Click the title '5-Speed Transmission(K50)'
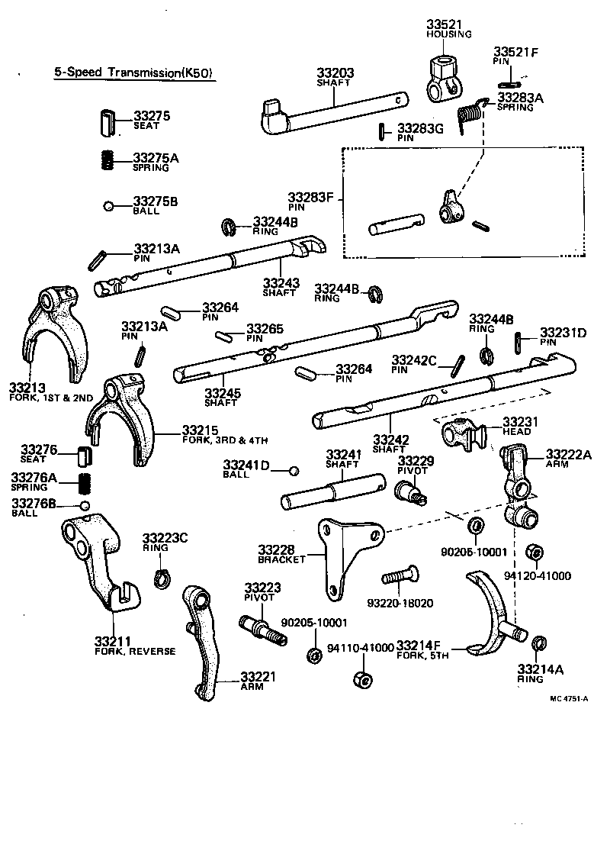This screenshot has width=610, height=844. click(x=133, y=73)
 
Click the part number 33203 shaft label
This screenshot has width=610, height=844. click(x=335, y=74)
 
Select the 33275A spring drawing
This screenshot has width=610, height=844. click(x=108, y=160)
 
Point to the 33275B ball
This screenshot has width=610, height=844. click(x=109, y=205)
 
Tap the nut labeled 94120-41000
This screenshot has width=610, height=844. click(x=535, y=552)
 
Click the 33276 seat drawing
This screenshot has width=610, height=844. click(x=83, y=456)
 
